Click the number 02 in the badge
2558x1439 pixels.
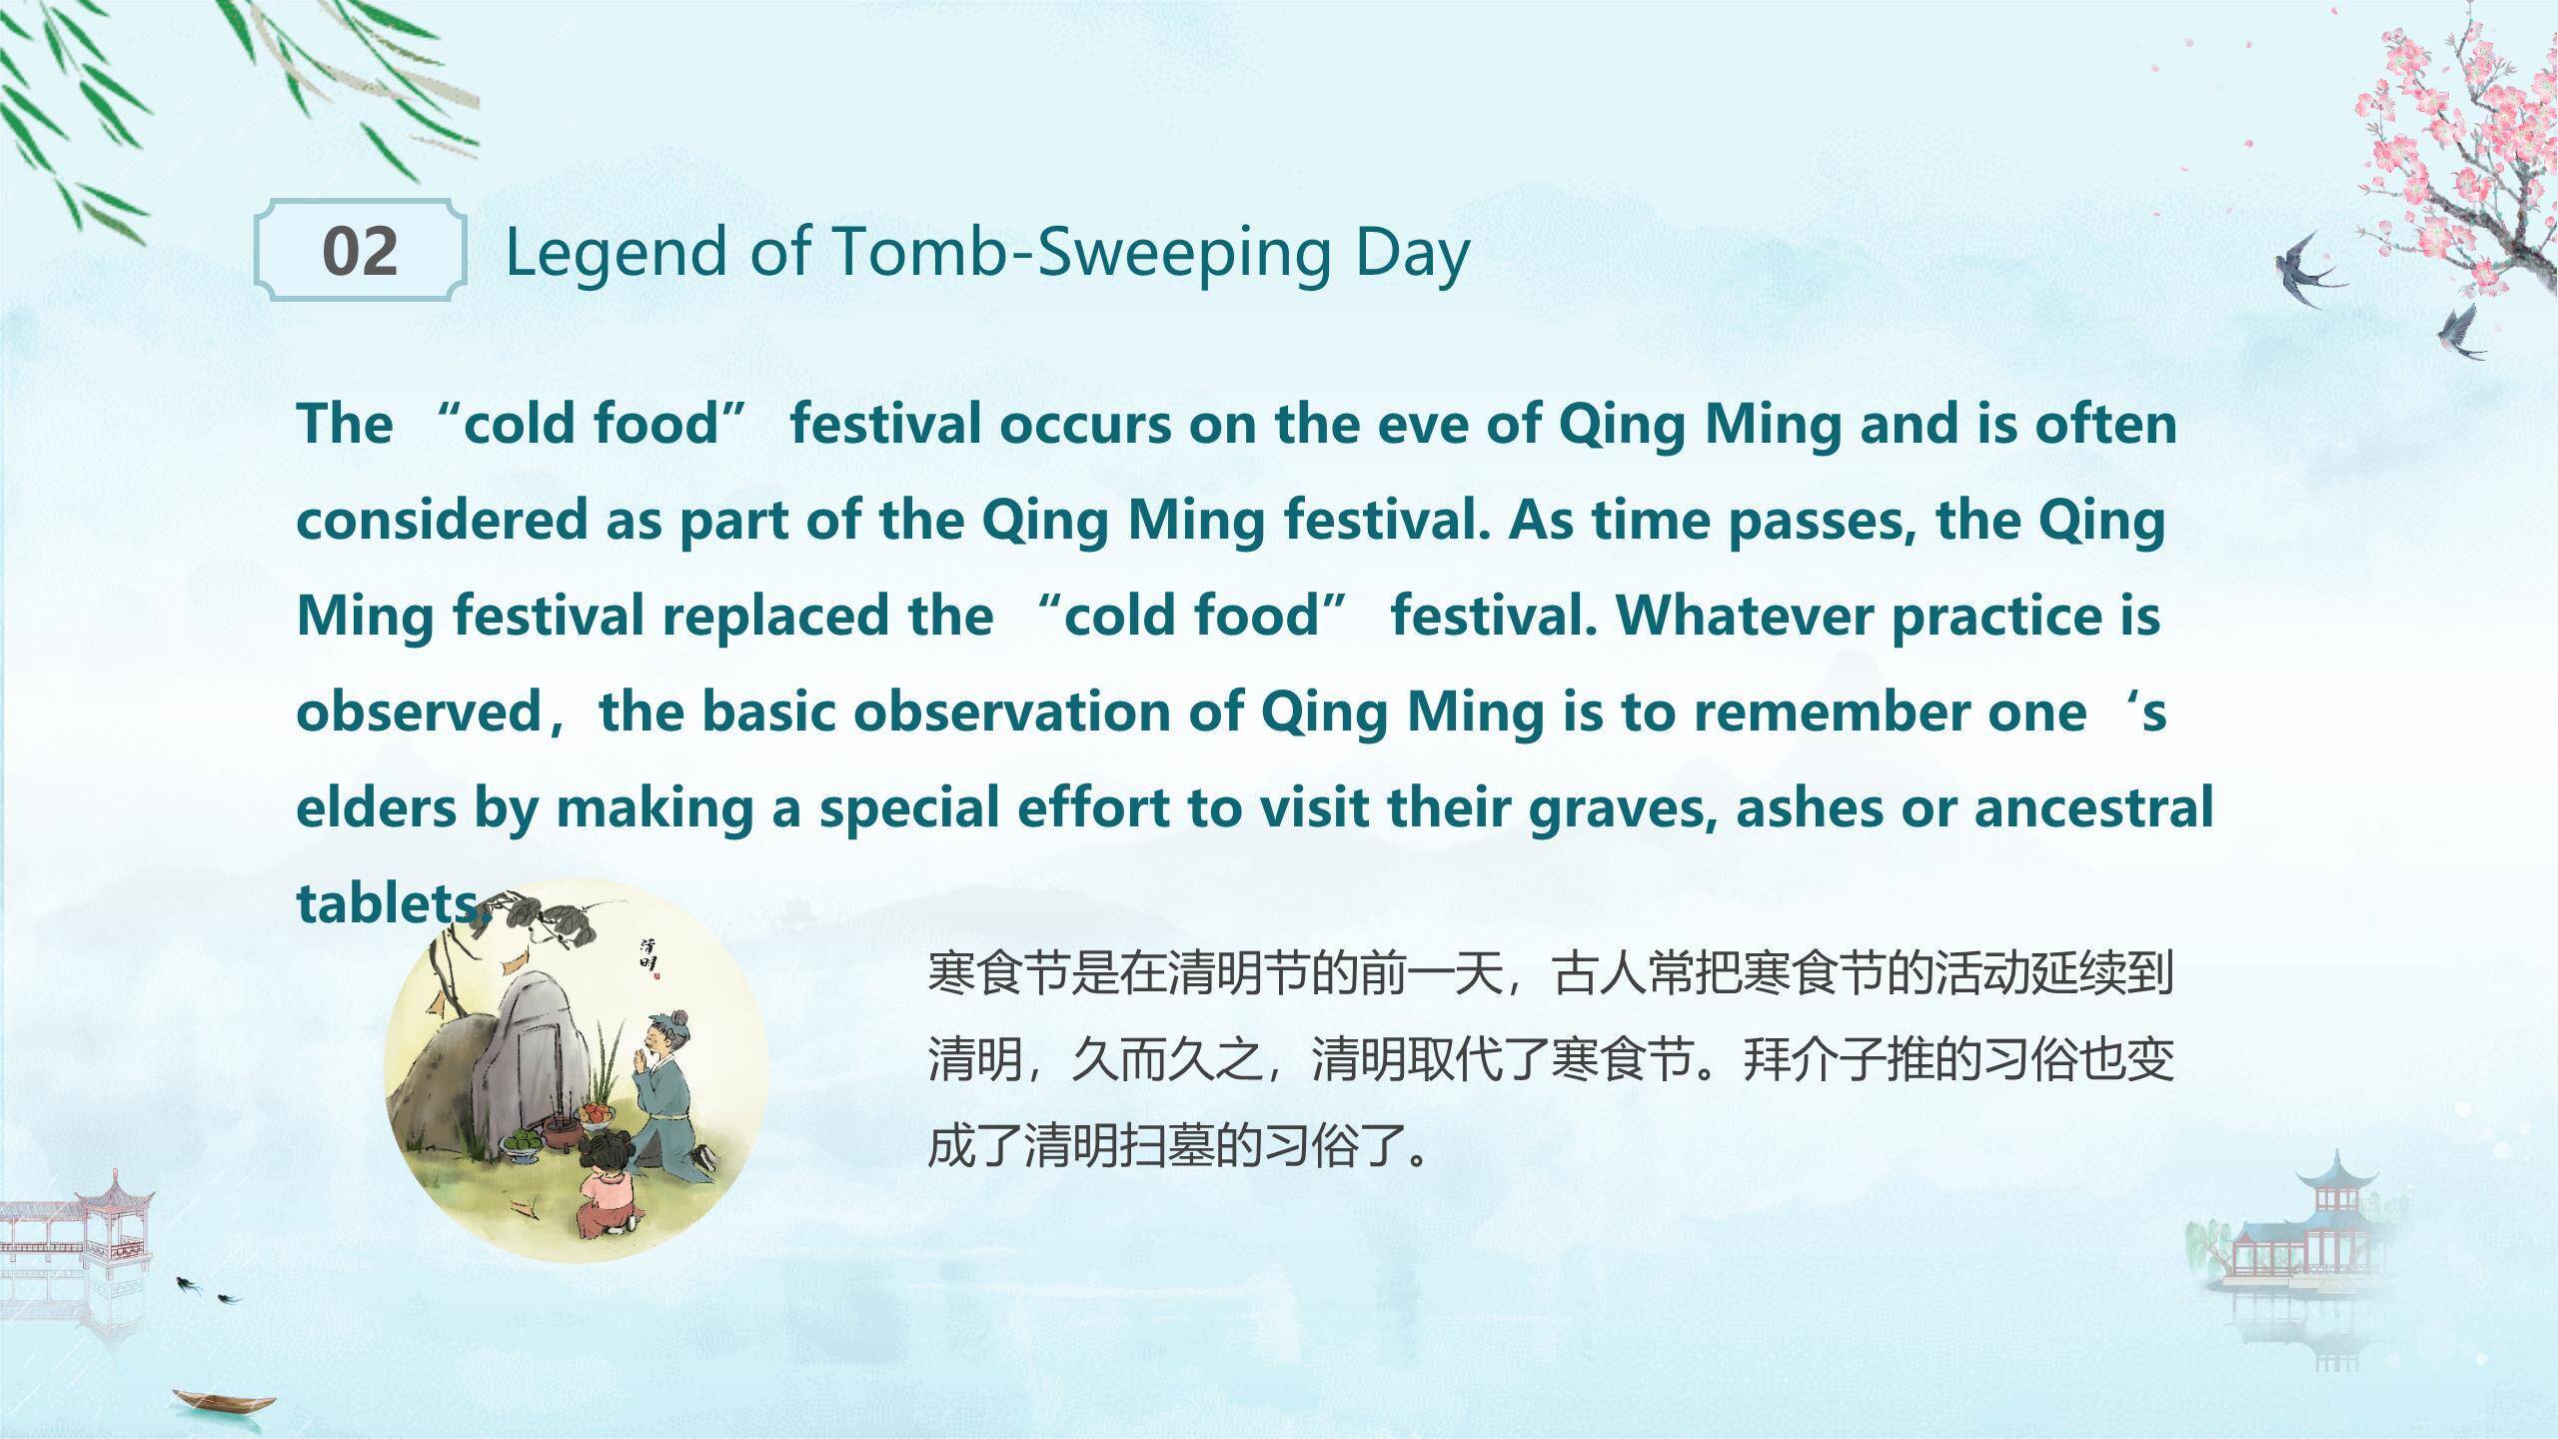(x=360, y=251)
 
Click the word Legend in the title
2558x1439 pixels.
(x=617, y=254)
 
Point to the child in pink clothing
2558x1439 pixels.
(x=607, y=1188)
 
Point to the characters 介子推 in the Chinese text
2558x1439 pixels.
(x=1862, y=1059)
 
